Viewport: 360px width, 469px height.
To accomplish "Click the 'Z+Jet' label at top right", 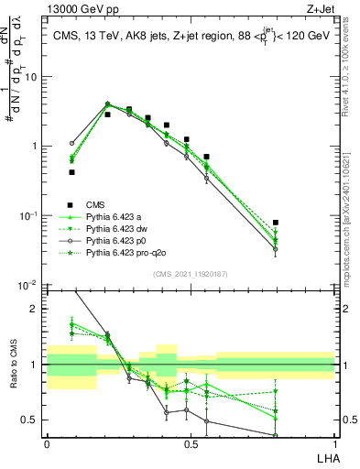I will tap(320, 9).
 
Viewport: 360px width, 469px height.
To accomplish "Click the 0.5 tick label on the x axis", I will tap(191, 443).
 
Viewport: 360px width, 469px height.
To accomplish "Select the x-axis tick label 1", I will tap(334, 443).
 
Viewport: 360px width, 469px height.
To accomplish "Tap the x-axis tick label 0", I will tap(47, 443).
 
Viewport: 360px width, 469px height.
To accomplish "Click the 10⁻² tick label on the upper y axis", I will tap(29, 285).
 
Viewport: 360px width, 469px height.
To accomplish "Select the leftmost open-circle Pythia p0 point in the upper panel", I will tap(71, 143).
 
